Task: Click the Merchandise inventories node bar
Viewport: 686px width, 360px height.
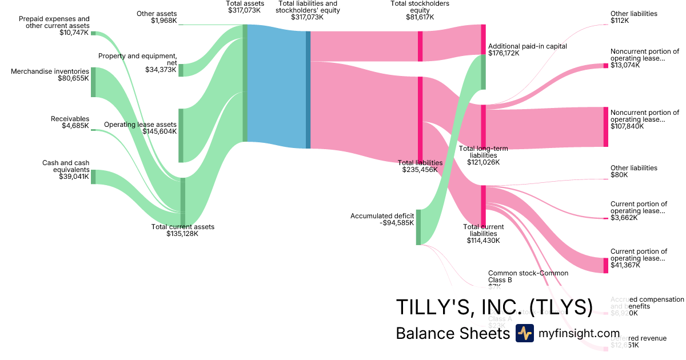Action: point(93,82)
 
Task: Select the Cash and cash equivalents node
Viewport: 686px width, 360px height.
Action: point(93,177)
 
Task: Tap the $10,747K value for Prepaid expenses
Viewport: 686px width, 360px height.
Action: point(74,33)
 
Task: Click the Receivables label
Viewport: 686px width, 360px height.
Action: point(70,119)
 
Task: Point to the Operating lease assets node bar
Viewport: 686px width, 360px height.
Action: point(181,135)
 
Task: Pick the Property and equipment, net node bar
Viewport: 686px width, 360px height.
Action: point(181,70)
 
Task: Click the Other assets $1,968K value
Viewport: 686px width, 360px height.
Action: point(163,21)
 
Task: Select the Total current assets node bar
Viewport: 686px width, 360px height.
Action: point(183,202)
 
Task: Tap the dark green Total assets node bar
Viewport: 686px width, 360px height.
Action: point(245,83)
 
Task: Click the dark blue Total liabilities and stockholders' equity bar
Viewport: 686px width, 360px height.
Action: point(308,90)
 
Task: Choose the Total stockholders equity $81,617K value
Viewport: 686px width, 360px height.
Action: point(420,17)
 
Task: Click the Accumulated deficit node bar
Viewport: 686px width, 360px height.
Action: point(418,227)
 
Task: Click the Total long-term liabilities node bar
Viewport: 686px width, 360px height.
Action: point(483,126)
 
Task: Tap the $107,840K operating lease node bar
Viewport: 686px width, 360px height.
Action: point(606,127)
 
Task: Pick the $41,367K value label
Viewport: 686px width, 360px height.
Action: point(624,266)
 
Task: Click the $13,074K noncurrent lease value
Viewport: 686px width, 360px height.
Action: point(625,65)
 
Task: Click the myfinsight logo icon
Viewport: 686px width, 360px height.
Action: point(524,333)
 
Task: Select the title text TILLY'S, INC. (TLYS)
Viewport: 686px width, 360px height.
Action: point(494,307)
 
